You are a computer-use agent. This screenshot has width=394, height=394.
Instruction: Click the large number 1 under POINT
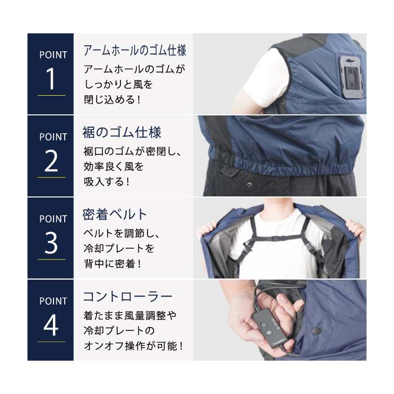[51, 79]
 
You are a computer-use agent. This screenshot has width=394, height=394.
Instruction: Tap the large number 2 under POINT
[51, 161]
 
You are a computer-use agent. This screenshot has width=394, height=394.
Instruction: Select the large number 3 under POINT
[51, 243]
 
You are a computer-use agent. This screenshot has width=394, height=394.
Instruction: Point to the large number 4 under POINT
[51, 325]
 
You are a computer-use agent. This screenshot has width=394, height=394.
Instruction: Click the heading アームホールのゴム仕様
[135, 50]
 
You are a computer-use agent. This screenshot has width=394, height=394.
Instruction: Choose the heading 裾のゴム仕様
[122, 132]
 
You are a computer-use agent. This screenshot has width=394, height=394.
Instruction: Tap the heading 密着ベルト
[115, 214]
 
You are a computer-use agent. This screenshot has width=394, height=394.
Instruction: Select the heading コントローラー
[128, 297]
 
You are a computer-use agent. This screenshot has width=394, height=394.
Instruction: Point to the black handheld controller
[270, 328]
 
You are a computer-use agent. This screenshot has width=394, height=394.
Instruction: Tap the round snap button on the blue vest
[316, 331]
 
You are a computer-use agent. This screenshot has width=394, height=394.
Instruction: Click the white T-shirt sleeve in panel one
[265, 78]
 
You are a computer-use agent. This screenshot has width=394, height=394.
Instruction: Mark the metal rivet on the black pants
[249, 185]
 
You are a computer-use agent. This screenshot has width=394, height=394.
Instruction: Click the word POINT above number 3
[53, 219]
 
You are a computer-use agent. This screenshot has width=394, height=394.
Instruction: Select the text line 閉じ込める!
[112, 100]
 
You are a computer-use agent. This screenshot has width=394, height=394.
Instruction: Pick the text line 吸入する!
[107, 182]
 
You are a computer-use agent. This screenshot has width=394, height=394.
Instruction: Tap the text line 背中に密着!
[113, 264]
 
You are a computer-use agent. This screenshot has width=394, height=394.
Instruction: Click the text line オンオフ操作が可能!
[133, 346]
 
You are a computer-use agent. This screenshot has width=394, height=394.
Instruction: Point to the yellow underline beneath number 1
[51, 95]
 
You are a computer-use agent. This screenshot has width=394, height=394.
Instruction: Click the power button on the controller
[263, 325]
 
